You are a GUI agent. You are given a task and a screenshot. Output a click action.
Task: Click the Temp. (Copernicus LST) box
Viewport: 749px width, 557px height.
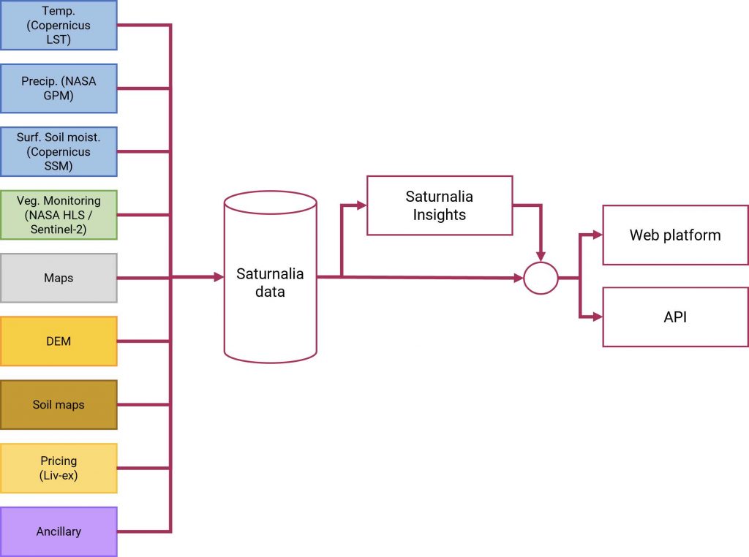59,26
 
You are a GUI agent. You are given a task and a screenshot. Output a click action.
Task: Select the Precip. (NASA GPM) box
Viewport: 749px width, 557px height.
59,88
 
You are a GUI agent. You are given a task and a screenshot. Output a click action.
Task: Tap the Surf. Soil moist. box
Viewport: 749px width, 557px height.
59,152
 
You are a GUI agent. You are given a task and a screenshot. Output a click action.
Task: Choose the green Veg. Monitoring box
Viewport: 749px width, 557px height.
59,215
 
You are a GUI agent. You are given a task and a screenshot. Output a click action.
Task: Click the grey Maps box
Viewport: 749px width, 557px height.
59,278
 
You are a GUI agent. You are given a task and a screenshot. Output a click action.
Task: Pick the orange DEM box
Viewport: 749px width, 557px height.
59,341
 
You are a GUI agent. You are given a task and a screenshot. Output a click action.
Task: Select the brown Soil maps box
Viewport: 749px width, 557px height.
59,405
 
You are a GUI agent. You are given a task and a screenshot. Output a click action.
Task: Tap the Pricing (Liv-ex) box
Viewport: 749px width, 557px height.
59,469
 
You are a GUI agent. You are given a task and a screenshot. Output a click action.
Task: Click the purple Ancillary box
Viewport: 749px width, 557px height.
59,531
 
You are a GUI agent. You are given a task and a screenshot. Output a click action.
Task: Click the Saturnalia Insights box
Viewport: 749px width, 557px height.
440,205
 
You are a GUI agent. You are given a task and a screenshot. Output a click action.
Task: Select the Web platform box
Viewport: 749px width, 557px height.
675,235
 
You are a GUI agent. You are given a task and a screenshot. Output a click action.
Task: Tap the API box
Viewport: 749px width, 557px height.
675,317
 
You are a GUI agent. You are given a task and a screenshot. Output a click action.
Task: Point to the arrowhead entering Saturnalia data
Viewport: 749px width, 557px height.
219,277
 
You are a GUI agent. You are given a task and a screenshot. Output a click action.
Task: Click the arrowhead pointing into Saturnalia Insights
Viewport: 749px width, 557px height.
361,205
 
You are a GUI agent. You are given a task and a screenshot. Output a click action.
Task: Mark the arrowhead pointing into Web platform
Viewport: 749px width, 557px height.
598,235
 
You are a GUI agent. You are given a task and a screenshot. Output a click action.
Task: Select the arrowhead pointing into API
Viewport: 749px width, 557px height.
598,316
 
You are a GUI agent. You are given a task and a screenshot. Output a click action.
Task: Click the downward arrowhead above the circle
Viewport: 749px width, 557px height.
541,257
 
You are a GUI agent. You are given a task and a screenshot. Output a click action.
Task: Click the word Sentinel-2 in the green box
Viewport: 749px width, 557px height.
59,230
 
